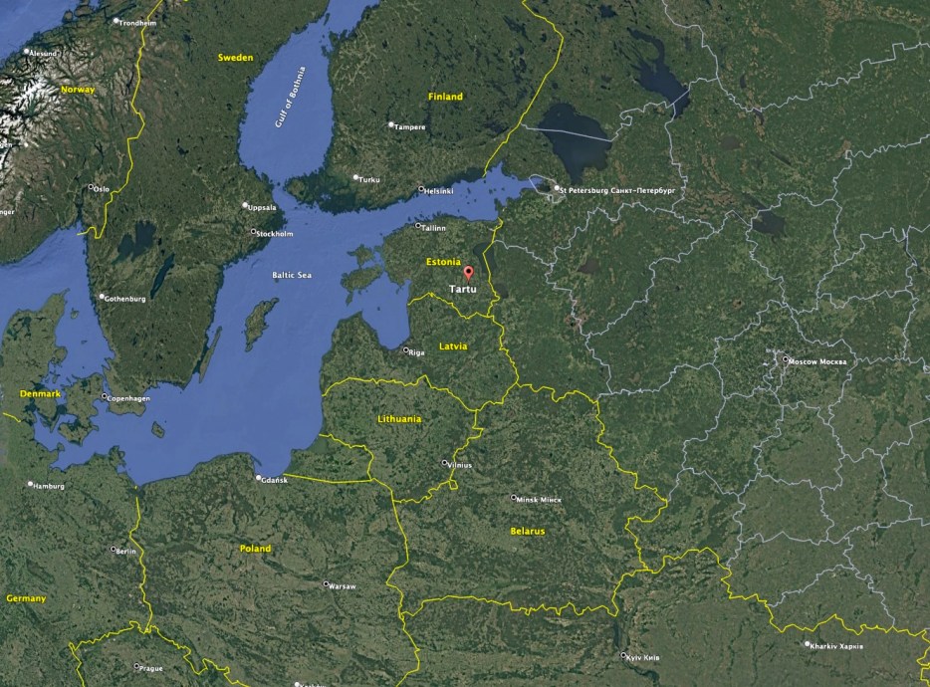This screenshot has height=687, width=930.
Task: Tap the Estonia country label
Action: click(x=443, y=262)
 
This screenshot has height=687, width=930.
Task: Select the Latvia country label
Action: click(x=453, y=346)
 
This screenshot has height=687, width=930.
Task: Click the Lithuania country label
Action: click(x=399, y=419)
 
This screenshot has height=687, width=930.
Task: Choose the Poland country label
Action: click(x=255, y=549)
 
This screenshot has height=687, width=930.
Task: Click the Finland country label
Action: click(x=445, y=97)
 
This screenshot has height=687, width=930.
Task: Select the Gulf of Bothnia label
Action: click(x=290, y=97)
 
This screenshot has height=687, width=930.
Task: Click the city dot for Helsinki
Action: click(x=421, y=189)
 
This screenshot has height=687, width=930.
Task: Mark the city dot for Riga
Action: click(x=405, y=350)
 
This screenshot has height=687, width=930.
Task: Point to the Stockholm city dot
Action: click(x=253, y=232)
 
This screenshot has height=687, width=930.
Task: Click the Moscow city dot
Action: click(x=786, y=359)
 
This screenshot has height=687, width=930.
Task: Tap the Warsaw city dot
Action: click(x=326, y=584)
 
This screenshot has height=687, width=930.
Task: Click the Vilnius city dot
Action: click(x=445, y=463)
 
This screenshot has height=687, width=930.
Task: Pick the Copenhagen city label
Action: click(x=129, y=399)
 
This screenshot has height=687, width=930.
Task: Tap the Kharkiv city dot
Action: click(x=808, y=644)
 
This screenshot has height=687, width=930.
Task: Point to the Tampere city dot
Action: click(x=391, y=124)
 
